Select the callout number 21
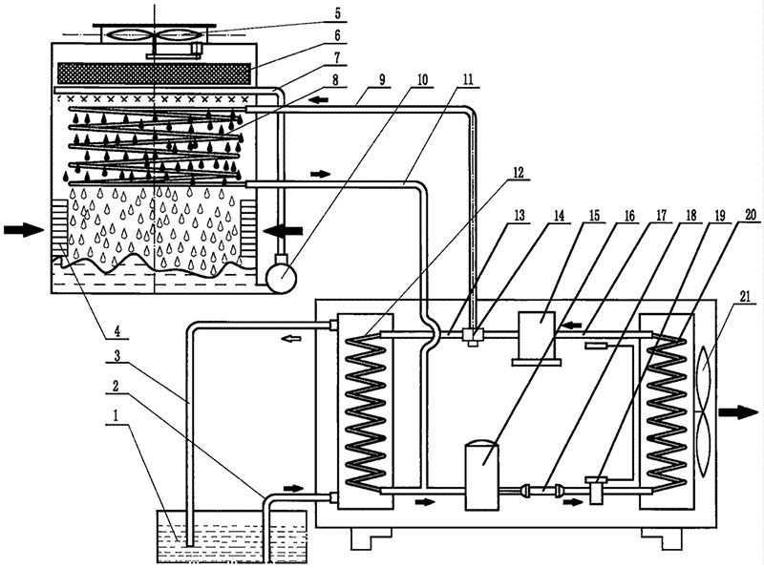[x=746, y=297]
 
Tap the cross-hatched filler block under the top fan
[x=155, y=74]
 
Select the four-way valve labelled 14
[x=473, y=335]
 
